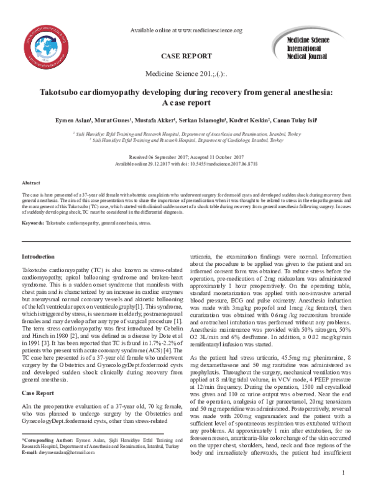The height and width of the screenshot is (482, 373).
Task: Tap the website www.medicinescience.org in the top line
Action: pos(208,30)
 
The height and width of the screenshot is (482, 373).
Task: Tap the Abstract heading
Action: pos(31,184)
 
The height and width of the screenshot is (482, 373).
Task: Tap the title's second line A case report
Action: pos(186,104)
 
